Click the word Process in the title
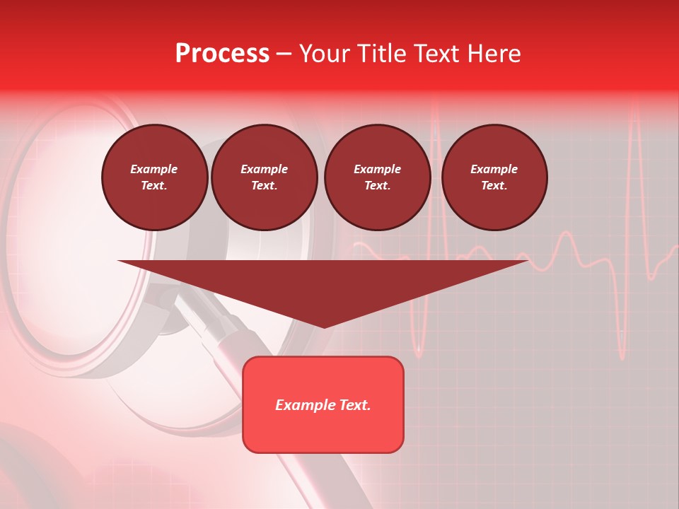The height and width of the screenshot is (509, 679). [x=222, y=54]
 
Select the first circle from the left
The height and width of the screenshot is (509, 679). [x=154, y=177]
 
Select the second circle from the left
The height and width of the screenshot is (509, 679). [x=264, y=177]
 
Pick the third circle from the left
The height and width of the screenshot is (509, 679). [x=377, y=177]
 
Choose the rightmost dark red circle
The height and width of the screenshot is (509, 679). [x=494, y=177]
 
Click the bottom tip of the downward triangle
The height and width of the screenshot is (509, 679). [x=324, y=327]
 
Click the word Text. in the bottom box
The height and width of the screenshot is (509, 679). [x=355, y=405]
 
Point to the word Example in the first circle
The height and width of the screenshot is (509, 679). [x=154, y=169]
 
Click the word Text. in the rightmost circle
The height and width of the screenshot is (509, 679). [x=494, y=186]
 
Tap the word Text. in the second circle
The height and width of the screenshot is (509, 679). [x=264, y=186]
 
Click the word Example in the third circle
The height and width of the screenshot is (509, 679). [x=377, y=169]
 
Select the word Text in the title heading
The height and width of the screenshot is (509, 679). [x=436, y=54]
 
